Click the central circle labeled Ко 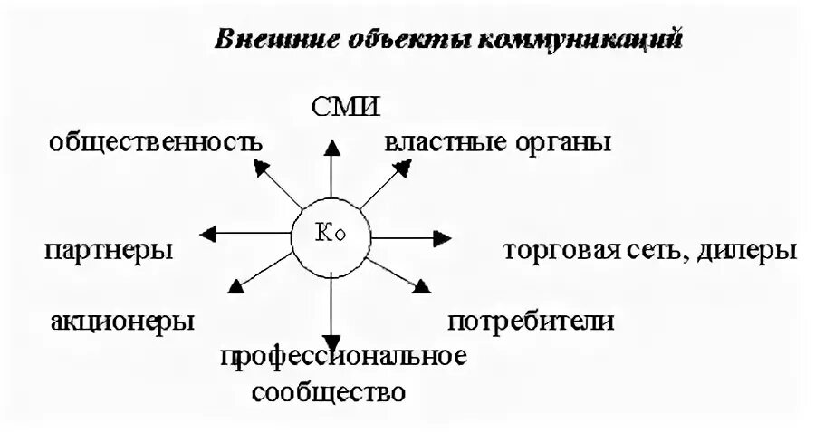point(332,236)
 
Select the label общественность point(157,142)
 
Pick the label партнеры point(108,250)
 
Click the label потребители point(532,321)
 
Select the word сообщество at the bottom point(329,393)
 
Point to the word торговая point(561,250)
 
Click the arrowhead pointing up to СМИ point(332,144)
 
